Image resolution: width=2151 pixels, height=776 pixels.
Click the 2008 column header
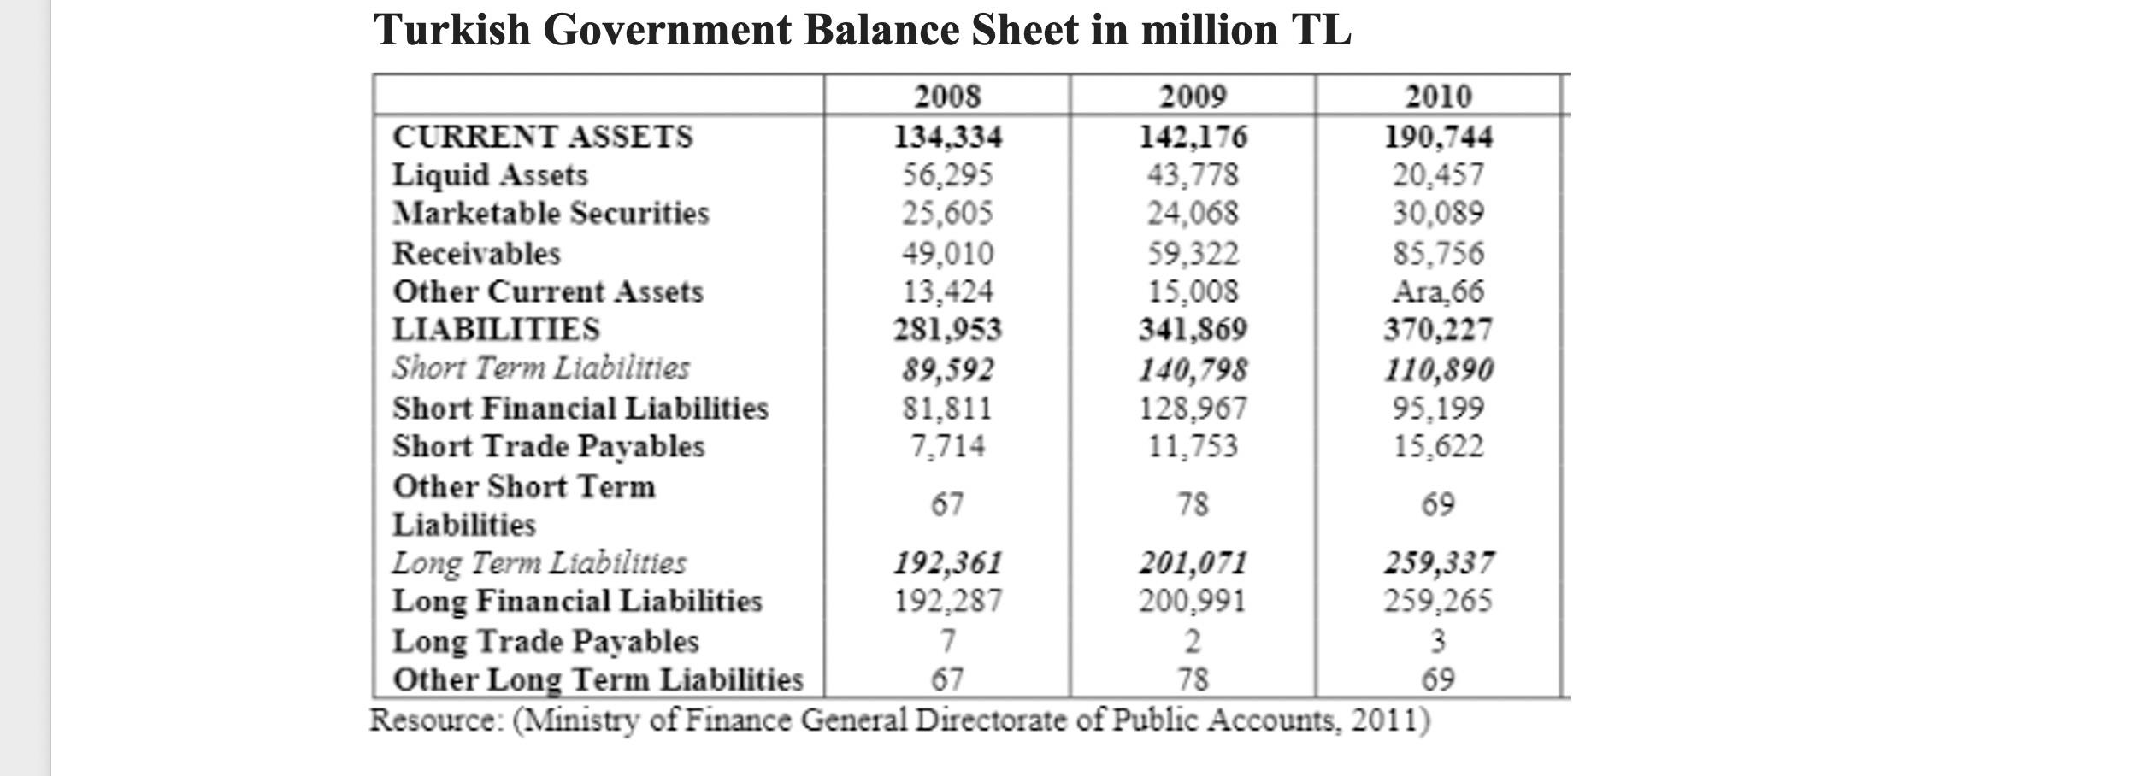coord(947,96)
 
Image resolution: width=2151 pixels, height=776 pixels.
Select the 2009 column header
coord(1193,96)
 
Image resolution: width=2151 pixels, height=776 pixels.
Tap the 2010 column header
coord(1439,96)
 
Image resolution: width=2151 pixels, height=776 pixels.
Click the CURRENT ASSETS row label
coord(543,137)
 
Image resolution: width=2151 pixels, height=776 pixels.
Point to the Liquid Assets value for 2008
coord(948,175)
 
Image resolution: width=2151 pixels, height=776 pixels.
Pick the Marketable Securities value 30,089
coord(1439,213)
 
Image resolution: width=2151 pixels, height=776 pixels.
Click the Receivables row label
coord(476,254)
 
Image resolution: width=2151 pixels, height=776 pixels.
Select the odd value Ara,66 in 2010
coord(1439,291)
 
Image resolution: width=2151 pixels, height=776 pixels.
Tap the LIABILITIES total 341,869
coord(1193,330)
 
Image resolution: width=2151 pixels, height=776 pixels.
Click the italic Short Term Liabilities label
coord(540,368)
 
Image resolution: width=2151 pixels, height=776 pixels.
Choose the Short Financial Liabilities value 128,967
coord(1193,409)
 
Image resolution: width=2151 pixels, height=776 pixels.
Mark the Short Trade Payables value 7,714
coord(947,446)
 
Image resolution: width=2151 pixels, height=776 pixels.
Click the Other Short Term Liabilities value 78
coord(1193,504)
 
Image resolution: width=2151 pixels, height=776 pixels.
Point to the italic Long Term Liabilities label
coord(539,563)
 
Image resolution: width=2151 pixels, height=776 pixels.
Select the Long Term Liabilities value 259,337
coord(1439,563)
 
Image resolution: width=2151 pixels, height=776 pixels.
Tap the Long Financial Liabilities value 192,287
coord(947,602)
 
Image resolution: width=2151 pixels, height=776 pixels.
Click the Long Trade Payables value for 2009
coord(1193,641)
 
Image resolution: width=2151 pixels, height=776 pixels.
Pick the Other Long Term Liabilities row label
coord(598,680)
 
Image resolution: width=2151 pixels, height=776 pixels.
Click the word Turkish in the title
coord(451,30)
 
